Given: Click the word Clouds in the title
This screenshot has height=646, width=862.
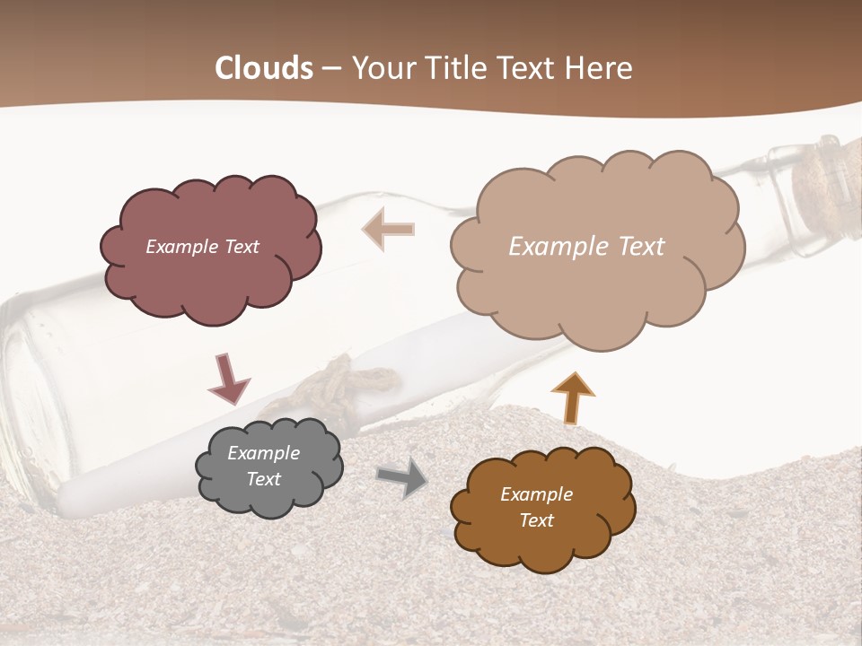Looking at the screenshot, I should click(264, 68).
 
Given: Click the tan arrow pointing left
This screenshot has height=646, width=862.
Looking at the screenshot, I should click(388, 230).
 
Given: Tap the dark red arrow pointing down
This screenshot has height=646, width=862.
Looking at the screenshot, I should click(228, 378).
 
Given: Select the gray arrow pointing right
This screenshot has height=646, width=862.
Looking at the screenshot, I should click(402, 479).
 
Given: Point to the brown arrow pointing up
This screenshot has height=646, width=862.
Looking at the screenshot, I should click(573, 398).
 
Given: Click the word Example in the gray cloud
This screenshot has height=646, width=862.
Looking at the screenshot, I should click(263, 453).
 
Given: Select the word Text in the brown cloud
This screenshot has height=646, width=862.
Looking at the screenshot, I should click(536, 520).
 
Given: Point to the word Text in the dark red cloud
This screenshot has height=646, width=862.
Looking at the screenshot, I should click(240, 247).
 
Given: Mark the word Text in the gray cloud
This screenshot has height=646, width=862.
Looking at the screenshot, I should click(263, 479).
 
